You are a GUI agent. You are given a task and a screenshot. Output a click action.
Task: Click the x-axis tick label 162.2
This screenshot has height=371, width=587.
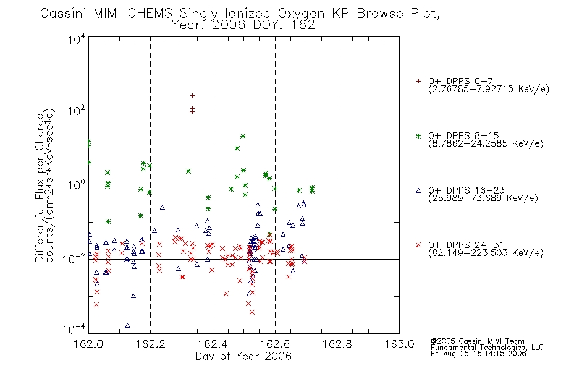(x=151, y=344)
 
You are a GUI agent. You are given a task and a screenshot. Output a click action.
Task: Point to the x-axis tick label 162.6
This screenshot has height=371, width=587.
(x=275, y=344)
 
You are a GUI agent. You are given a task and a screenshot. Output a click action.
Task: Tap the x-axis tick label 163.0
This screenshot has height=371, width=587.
(x=399, y=344)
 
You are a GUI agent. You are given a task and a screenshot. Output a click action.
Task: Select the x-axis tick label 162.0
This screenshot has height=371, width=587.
(x=88, y=344)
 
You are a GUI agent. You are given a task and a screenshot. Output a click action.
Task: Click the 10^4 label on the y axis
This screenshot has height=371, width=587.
(x=77, y=39)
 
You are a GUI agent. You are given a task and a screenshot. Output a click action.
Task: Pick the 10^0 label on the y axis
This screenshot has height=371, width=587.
(x=77, y=184)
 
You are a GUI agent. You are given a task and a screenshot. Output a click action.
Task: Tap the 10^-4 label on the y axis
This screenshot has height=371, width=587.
(x=74, y=329)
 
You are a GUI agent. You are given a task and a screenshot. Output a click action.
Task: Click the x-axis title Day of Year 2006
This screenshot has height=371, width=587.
(x=243, y=356)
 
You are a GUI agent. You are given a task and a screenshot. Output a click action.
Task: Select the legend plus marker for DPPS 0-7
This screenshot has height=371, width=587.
(x=418, y=81)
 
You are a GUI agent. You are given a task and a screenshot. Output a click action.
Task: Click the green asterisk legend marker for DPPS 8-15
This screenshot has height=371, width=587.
(x=418, y=135)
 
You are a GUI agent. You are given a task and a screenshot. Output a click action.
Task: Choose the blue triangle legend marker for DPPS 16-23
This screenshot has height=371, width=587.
(x=418, y=190)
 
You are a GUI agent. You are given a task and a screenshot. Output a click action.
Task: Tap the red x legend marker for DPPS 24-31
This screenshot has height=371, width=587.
(x=418, y=245)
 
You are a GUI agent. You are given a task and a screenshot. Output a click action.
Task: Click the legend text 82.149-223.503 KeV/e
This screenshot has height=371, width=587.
(x=486, y=253)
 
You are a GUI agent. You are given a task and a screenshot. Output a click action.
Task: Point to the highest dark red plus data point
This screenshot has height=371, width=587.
(x=192, y=96)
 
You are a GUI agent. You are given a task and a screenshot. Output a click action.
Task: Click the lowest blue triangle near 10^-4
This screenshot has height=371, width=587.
(x=127, y=325)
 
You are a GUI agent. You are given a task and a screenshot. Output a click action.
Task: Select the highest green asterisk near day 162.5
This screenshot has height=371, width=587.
(x=243, y=136)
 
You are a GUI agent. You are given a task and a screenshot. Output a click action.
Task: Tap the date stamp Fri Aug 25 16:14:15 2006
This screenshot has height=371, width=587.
(x=478, y=354)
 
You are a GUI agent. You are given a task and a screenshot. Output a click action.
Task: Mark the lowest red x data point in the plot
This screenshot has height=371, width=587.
(x=252, y=312)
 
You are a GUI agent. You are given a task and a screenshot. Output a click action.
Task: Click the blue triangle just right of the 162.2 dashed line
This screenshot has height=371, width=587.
(x=154, y=231)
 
